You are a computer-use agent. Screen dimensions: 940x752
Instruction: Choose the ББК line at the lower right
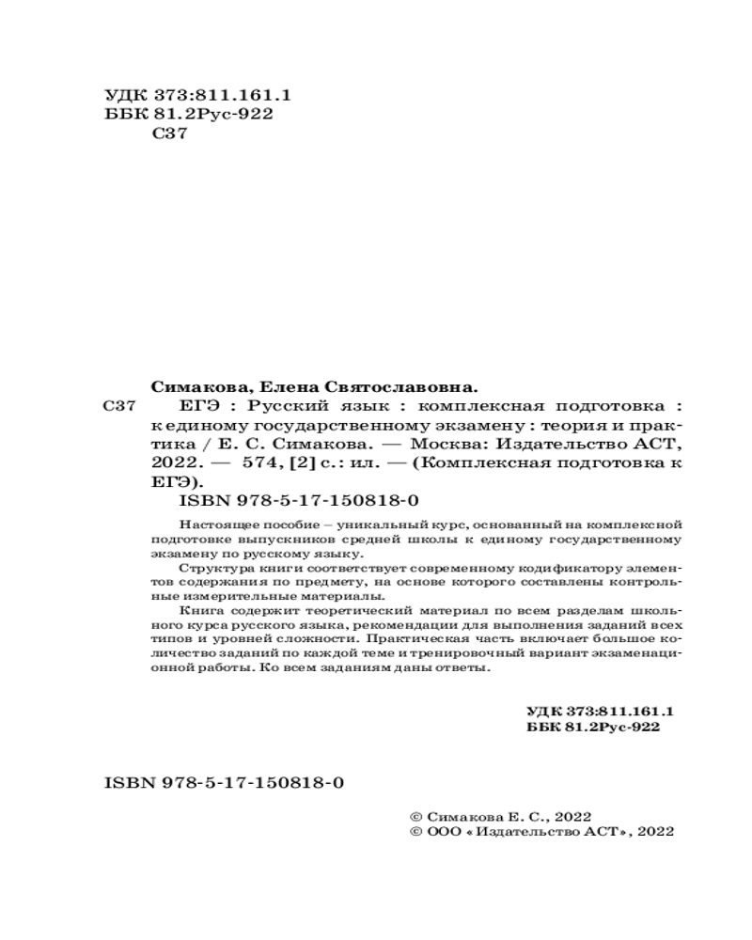pos(591,728)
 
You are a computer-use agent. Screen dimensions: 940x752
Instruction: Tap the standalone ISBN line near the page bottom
pos(222,783)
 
